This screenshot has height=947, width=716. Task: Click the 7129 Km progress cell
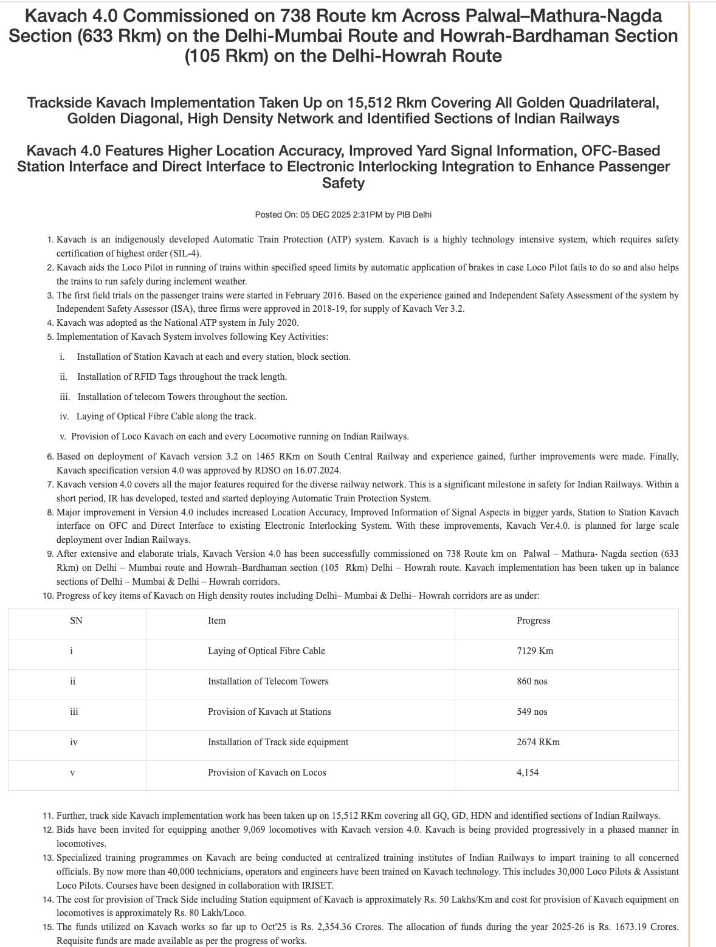tap(535, 651)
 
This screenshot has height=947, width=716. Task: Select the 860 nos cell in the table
tap(532, 681)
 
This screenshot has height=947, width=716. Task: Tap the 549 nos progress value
tap(532, 712)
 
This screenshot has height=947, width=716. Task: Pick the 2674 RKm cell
tap(538, 742)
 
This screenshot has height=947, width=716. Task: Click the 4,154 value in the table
tap(528, 773)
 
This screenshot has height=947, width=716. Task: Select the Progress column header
tap(533, 621)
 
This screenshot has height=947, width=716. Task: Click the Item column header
tap(216, 621)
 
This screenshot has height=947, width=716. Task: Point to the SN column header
tap(76, 621)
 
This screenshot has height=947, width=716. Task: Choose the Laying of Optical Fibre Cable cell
tap(266, 651)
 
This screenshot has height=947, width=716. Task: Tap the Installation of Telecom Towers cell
tap(268, 681)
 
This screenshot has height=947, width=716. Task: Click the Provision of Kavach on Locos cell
tap(267, 773)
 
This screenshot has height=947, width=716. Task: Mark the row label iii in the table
tap(74, 712)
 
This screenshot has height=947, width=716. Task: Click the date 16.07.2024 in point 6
tap(318, 470)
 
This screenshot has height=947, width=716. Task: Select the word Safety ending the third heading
tap(343, 183)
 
